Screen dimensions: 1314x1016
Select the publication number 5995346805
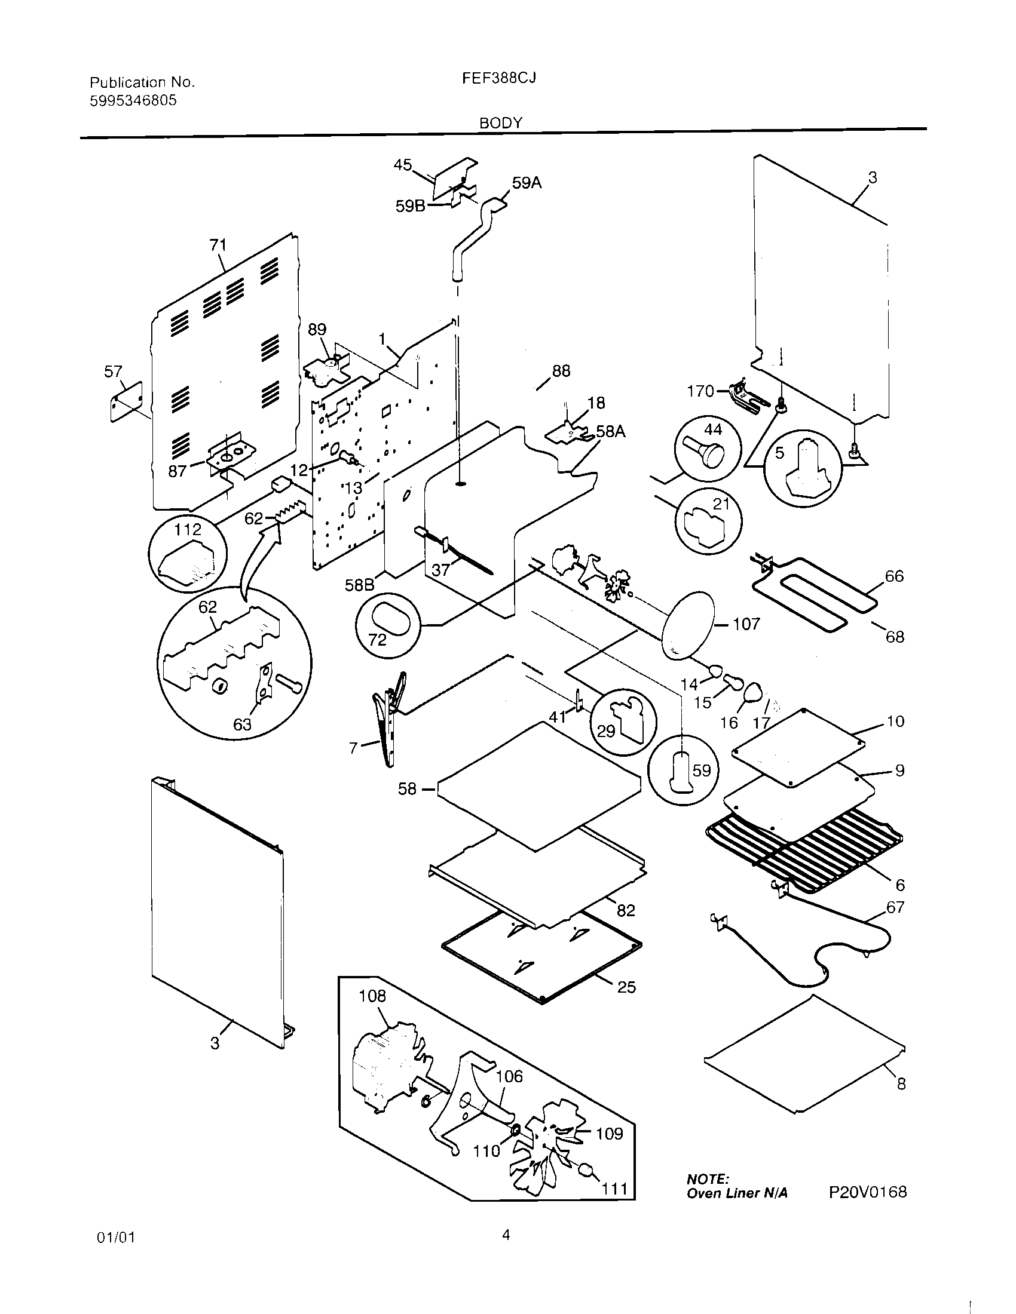[x=133, y=100]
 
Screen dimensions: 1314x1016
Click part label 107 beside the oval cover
[x=746, y=624]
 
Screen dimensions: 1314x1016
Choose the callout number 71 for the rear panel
[x=218, y=245]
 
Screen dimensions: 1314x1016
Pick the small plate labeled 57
[x=126, y=401]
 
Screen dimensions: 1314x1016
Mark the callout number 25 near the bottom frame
[x=626, y=987]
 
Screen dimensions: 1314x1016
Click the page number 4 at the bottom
[x=506, y=1235]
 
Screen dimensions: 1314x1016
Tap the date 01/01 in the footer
[x=115, y=1238]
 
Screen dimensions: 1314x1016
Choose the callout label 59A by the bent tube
[x=527, y=183]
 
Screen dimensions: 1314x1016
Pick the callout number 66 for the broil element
[x=894, y=576]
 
